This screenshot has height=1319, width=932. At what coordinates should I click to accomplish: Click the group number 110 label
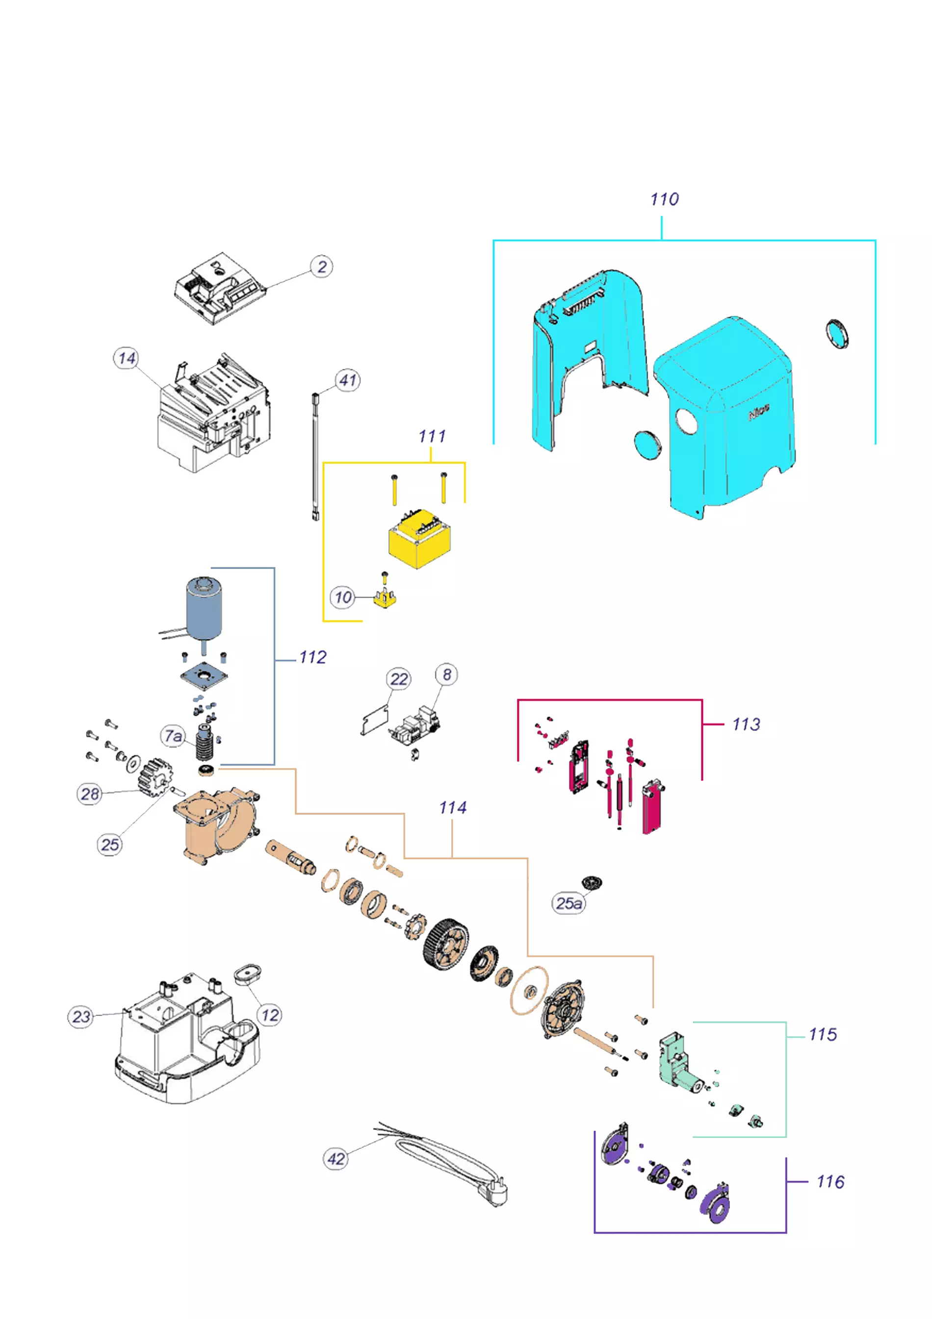[664, 199]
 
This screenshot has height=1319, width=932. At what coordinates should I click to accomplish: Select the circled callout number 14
[126, 359]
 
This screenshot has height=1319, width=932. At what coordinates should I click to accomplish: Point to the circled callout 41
[348, 380]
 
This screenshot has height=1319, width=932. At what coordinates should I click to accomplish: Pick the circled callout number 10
[342, 597]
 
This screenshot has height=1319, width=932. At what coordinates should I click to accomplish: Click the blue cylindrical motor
[204, 609]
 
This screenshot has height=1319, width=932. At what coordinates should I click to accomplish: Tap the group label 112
[313, 657]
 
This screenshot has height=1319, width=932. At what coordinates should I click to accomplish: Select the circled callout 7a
[173, 736]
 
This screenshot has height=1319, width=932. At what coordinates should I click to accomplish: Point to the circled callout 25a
[569, 903]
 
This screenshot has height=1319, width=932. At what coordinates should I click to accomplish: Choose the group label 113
[746, 724]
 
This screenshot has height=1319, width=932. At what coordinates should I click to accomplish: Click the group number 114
[453, 808]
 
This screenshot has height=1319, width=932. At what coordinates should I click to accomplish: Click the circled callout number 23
[81, 1017]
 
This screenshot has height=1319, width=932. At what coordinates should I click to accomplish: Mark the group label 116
[830, 1182]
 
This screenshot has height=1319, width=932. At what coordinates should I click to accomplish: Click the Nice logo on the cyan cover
[758, 412]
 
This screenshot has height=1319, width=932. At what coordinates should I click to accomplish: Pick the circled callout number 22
[399, 679]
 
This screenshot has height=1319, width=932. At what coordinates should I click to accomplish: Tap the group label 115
[823, 1035]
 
